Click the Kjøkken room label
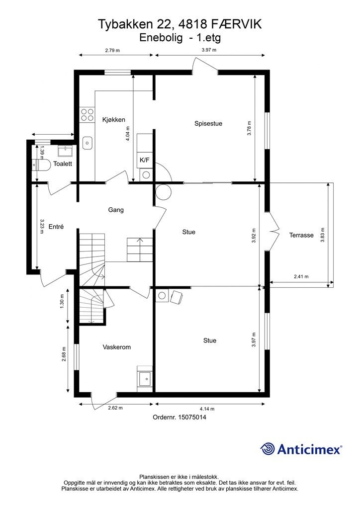click(113, 120)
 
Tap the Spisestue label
click(208, 123)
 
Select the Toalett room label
click(63, 164)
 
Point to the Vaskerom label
click(117, 347)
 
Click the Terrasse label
click(301, 235)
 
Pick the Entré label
click(56, 227)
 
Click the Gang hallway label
click(116, 210)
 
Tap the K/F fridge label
click(144, 160)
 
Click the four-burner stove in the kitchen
click(88, 115)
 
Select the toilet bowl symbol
click(41, 165)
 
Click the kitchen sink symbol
click(88, 143)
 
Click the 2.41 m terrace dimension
click(301, 276)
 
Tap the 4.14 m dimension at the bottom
click(207, 409)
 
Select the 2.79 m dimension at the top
click(112, 50)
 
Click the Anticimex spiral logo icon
click(268, 449)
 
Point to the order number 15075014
click(191, 417)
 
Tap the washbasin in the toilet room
click(65, 151)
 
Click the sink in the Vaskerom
click(145, 378)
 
